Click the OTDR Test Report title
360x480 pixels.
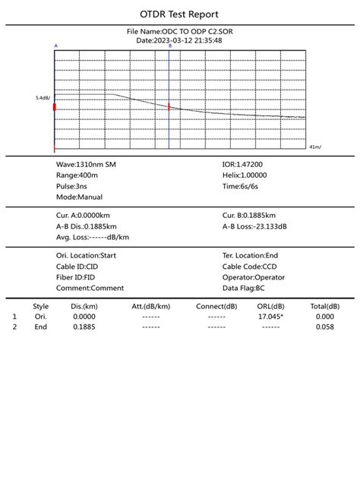click(x=180, y=14)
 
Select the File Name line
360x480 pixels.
click(x=179, y=32)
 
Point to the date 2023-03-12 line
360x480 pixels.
click(x=179, y=40)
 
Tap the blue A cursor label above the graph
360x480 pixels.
click(x=55, y=46)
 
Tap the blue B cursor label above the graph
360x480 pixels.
click(x=169, y=46)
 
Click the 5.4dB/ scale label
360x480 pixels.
click(x=42, y=98)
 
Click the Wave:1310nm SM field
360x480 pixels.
click(x=87, y=164)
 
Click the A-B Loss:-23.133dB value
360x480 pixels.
click(x=254, y=226)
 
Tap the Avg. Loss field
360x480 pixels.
click(x=92, y=237)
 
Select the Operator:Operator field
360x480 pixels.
click(x=254, y=277)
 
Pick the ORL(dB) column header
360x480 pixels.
click(x=270, y=306)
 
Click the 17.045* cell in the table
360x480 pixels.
click(x=270, y=316)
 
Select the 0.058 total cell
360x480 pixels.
click(x=324, y=327)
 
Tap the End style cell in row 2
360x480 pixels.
click(x=41, y=327)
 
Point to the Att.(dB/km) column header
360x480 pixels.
click(x=150, y=306)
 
